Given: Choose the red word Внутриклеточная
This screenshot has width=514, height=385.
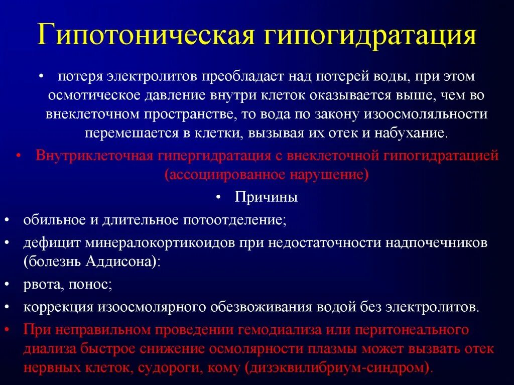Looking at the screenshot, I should click(x=94, y=155).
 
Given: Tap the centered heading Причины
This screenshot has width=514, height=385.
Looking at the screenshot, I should click(x=267, y=197).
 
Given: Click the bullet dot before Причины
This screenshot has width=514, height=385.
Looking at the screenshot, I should click(x=219, y=197).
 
